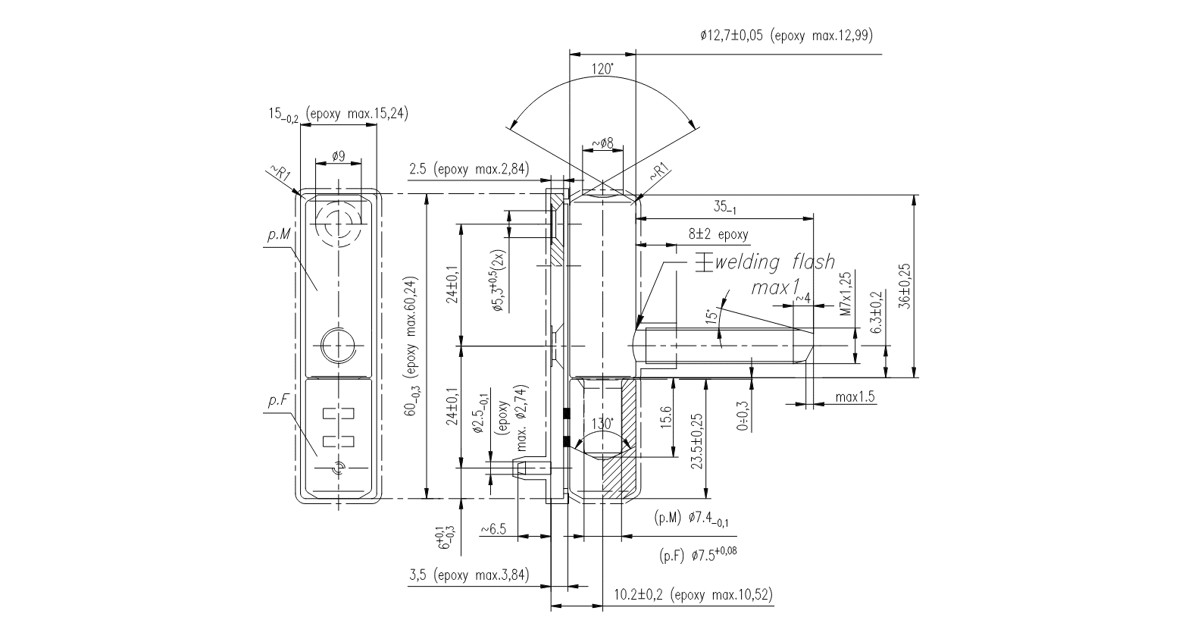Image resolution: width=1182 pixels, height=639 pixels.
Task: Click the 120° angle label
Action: [x=602, y=70]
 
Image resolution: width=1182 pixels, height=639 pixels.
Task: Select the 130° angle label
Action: [x=602, y=424]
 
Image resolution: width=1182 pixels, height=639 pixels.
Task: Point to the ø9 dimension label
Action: [x=338, y=155]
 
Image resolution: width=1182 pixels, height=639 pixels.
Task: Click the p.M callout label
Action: [x=278, y=236]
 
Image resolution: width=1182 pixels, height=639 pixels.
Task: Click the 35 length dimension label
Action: [x=724, y=206]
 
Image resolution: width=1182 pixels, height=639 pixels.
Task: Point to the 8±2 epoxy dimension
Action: [x=718, y=234]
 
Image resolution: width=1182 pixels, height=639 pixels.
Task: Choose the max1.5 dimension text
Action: [x=855, y=397]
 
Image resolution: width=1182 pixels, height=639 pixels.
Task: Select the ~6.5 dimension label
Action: [x=493, y=528]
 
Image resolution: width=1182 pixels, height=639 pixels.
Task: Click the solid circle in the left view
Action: [x=338, y=346]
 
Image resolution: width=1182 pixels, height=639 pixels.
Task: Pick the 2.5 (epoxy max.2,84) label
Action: [x=468, y=169]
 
